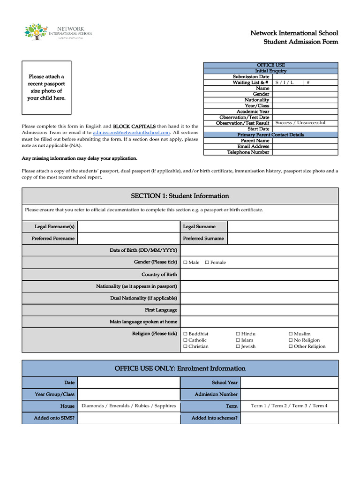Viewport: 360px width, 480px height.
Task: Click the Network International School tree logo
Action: (x=37, y=32)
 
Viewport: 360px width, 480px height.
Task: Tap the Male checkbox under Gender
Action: (x=185, y=262)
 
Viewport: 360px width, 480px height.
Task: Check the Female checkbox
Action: (x=207, y=262)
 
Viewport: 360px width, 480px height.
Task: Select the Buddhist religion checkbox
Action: (x=185, y=334)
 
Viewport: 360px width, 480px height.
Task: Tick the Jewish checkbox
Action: (x=238, y=346)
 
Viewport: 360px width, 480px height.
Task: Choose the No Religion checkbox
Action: (x=291, y=340)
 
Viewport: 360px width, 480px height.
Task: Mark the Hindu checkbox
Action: (x=238, y=334)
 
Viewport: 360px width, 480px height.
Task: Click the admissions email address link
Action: (x=131, y=133)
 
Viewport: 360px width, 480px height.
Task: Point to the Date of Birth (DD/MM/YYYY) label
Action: (x=143, y=250)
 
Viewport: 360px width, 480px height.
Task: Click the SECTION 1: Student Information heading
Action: (x=180, y=196)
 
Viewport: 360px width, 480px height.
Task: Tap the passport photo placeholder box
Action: (x=46, y=88)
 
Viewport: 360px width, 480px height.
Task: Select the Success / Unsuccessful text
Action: (x=300, y=123)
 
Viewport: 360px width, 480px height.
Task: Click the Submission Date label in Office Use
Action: (x=251, y=76)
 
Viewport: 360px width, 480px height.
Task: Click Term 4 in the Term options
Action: (x=320, y=406)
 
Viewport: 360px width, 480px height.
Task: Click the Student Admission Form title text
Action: (x=300, y=42)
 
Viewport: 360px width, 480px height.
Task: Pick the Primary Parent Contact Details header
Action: (x=270, y=135)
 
